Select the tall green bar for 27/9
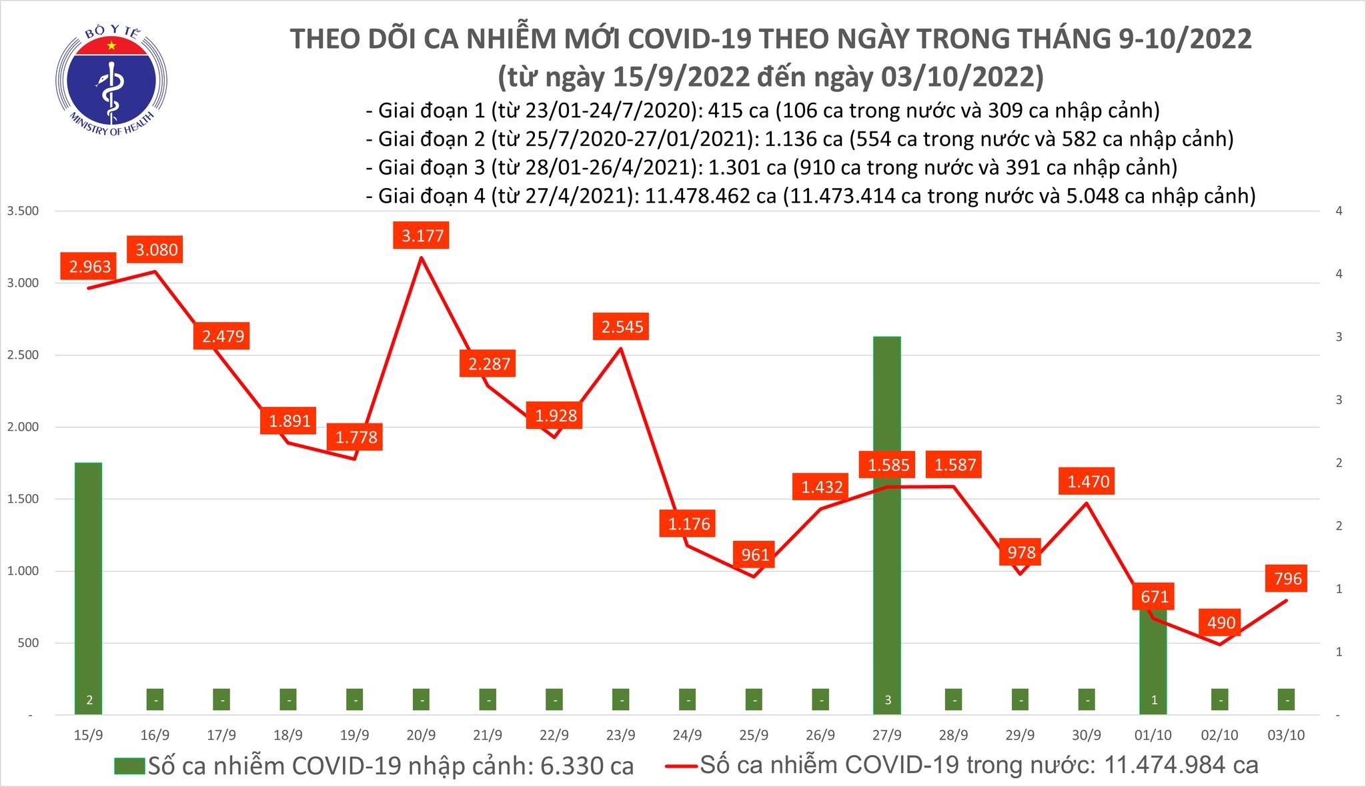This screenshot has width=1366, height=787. [x=887, y=520]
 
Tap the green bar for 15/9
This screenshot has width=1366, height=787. [x=88, y=587]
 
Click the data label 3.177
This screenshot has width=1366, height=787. [x=422, y=236]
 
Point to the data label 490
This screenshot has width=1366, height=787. [x=1221, y=623]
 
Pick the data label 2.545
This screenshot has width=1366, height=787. [x=622, y=327]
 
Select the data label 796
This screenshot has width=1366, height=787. [x=1287, y=578]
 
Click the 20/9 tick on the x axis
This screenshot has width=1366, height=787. [x=421, y=735]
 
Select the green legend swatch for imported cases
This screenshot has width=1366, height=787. [x=129, y=766]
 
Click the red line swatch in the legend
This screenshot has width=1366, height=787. [x=681, y=766]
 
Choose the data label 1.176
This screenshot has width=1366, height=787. [x=689, y=524]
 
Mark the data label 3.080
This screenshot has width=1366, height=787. [x=157, y=249]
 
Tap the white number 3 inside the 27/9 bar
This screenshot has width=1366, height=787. [x=887, y=700]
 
